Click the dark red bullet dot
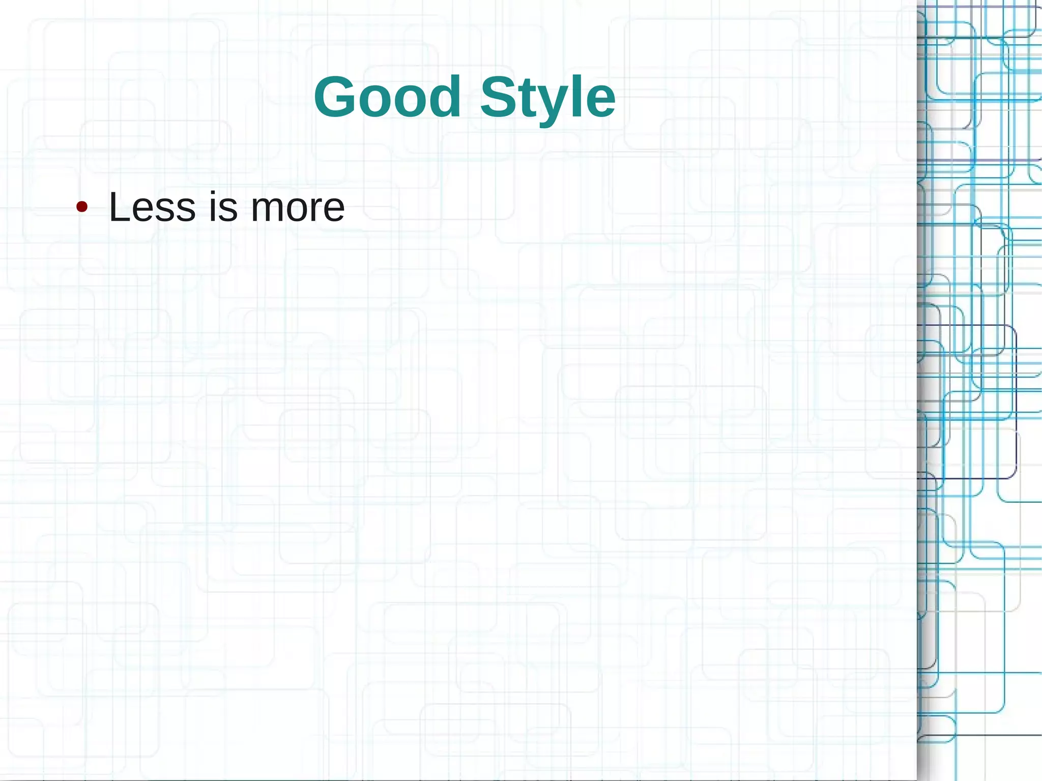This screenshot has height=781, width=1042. (81, 207)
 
